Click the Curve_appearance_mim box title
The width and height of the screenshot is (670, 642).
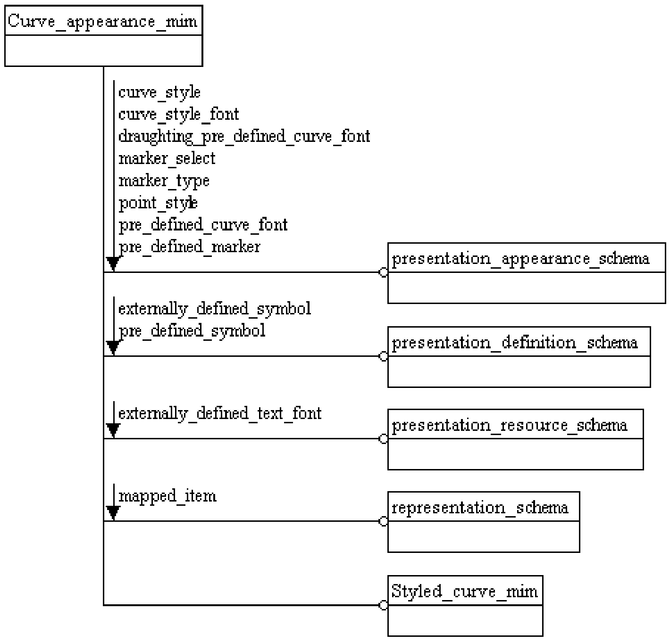point(102,22)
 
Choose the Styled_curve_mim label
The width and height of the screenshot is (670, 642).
point(464,592)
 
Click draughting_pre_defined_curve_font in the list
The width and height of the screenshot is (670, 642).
point(244,137)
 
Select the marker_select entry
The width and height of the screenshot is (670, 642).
point(167,159)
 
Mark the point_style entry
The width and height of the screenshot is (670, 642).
point(158,203)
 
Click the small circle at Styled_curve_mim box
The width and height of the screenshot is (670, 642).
point(383,605)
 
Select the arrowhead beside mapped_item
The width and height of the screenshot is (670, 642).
point(113,512)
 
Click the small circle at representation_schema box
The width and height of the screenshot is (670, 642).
point(383,521)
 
